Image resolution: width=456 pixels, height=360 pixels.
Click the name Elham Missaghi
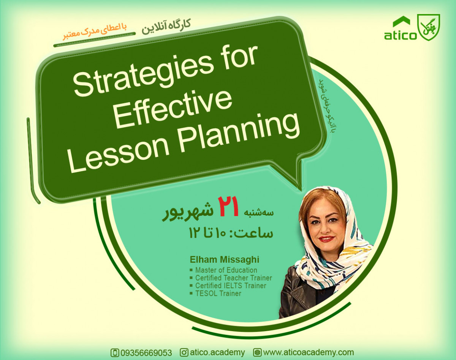pos(225,260)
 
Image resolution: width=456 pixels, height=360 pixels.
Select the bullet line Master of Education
pos(226,270)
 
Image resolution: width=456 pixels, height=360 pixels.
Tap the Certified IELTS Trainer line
pos(231,286)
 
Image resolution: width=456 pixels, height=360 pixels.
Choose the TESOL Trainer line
pos(218,293)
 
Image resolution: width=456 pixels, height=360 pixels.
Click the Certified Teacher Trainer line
pos(233,278)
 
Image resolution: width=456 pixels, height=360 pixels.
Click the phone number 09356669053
pos(146,353)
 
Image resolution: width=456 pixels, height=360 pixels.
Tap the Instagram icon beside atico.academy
pos(184,352)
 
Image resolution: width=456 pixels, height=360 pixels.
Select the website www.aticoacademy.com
pos(308,352)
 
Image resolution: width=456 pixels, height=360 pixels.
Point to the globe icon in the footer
pos(257,352)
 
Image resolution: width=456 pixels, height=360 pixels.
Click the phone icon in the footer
pos(114,353)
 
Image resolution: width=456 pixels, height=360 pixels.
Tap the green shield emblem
pos(429,27)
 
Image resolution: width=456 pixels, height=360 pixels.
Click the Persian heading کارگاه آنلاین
pos(166,26)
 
